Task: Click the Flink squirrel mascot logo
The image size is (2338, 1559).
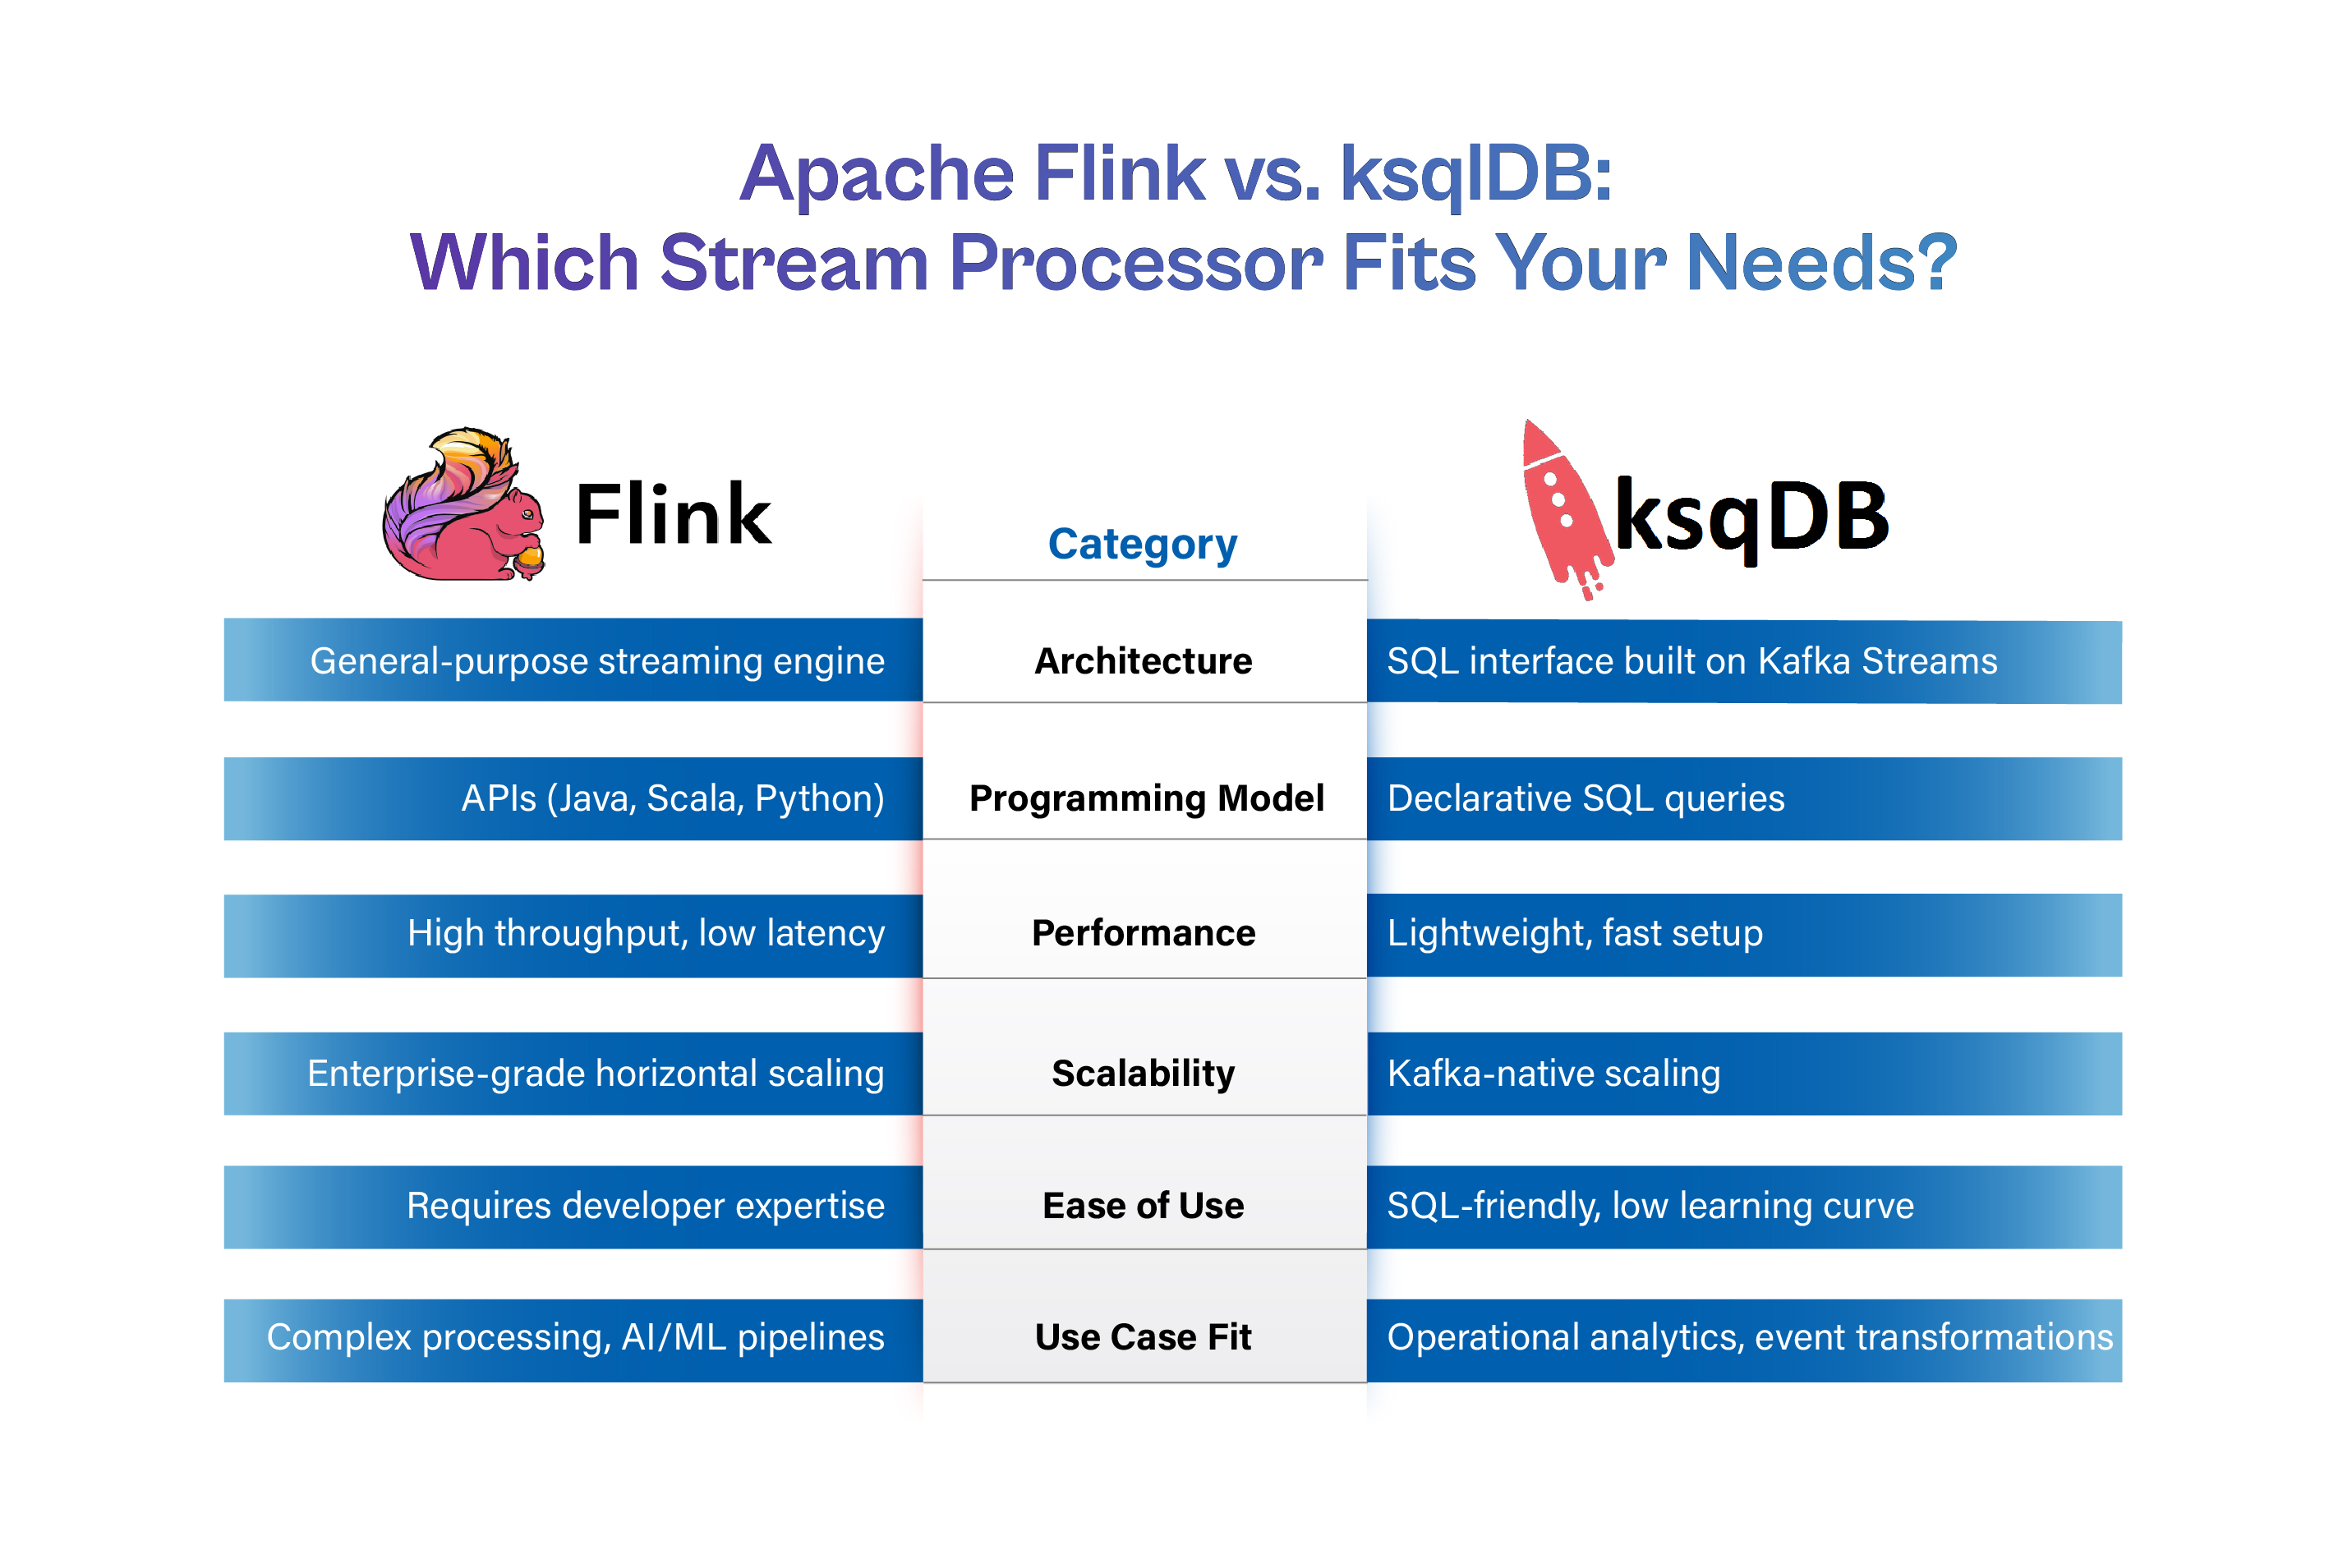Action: [463, 504]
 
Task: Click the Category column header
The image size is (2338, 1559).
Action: [1143, 544]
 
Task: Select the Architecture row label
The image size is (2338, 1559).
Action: [1143, 661]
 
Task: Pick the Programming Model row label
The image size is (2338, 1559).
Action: [1146, 798]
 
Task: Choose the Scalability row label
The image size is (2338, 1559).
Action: [1143, 1074]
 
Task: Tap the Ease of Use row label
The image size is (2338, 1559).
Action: [1143, 1206]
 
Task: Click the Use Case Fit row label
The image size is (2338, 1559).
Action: [1143, 1337]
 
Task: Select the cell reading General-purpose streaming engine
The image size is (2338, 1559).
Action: [596, 661]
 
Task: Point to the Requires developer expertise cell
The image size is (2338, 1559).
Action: [646, 1206]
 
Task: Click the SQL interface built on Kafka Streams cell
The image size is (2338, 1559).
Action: [1691, 661]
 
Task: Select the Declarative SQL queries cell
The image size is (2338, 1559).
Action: [1586, 798]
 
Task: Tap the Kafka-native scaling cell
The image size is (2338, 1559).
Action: [1553, 1074]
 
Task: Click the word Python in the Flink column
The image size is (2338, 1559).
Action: [818, 798]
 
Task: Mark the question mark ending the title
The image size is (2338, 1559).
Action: [1936, 263]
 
